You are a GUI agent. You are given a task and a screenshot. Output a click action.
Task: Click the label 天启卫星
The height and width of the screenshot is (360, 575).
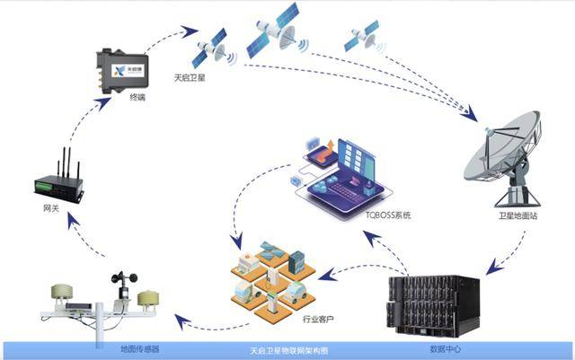click(190, 78)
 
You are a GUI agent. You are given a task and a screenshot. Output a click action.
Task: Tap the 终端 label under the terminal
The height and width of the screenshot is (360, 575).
click(137, 97)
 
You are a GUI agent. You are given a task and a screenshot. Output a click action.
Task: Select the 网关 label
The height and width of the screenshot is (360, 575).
click(51, 208)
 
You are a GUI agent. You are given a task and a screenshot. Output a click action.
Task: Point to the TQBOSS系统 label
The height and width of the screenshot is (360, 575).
click(388, 215)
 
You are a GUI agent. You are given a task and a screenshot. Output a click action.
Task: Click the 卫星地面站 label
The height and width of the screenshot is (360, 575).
click(517, 215)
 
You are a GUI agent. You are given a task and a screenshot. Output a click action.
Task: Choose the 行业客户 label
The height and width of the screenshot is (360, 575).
click(318, 319)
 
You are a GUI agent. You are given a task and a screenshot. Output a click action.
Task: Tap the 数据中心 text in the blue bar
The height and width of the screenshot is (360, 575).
click(446, 349)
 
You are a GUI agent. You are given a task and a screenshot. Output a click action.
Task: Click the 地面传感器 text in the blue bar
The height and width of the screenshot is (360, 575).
click(140, 349)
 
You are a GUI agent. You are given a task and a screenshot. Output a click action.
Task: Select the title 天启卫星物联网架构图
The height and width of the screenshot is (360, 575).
click(289, 351)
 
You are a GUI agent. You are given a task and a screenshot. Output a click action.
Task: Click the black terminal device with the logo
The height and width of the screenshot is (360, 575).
click(122, 71)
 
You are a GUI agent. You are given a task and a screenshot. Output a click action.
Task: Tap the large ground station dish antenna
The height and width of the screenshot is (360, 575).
click(503, 158)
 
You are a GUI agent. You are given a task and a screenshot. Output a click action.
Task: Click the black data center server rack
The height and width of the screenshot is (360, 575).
click(434, 305)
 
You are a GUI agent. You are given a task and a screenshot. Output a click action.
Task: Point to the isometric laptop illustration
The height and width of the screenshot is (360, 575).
click(344, 176)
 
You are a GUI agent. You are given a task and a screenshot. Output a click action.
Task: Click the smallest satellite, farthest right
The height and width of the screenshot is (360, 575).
click(364, 37)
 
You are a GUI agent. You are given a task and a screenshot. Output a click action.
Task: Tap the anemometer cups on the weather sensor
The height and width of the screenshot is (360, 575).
click(125, 278)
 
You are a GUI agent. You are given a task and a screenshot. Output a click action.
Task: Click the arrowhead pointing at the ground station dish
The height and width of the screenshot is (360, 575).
click(470, 115)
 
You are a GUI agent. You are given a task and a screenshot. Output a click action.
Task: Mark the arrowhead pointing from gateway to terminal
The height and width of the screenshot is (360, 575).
click(104, 104)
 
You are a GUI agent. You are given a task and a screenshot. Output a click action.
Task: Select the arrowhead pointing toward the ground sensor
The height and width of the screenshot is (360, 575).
click(182, 321)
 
